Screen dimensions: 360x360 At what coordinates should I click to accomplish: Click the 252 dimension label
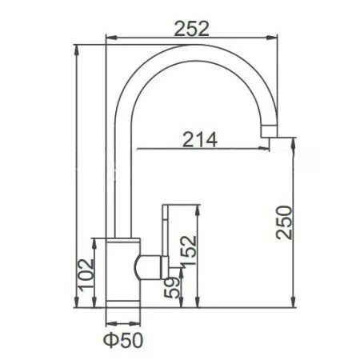tap(191, 27)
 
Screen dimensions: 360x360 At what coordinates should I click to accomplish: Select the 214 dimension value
tap(200, 138)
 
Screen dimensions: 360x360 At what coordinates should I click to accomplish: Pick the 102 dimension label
tap(89, 274)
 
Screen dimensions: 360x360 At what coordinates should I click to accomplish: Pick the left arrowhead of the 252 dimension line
tap(110, 37)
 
